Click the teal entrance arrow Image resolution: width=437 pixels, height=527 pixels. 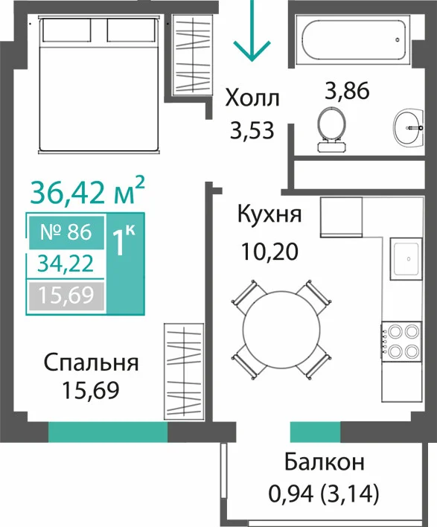pos(252,31)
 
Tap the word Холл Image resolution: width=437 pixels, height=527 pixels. pos(252,98)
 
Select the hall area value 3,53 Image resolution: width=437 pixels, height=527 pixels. pos(252,131)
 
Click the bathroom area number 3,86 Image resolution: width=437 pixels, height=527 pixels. pos(347,91)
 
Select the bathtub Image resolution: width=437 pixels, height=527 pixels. pos(354,39)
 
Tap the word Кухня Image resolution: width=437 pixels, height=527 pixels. pos(269,214)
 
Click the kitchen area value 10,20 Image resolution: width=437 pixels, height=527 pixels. pos(269,252)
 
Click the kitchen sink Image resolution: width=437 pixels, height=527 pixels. pos(406,259)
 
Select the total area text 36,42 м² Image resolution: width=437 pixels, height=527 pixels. pos(87,193)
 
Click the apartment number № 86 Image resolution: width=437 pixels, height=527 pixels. pos(66,232)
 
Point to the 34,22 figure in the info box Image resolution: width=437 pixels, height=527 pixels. pos(66,263)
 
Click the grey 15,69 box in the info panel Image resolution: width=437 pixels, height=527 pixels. pos(66,296)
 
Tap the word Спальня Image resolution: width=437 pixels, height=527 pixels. pos(91,363)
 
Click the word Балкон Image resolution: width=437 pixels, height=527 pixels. pos(325,462)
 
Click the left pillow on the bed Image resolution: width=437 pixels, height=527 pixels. pos(67,30)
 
